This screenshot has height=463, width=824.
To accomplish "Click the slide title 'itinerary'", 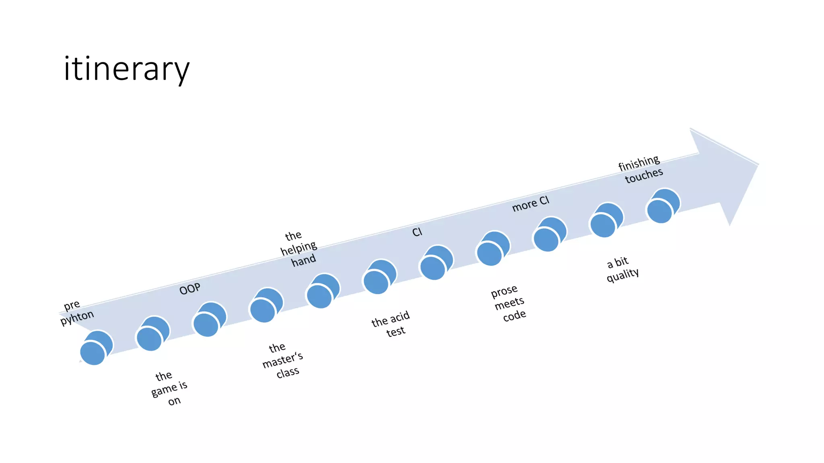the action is point(126,69).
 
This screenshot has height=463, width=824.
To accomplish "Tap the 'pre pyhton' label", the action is point(76,312).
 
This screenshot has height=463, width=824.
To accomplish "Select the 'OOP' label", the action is point(190,289).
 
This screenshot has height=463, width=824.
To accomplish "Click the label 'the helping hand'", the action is point(299,248).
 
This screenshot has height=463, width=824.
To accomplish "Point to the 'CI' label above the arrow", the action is point(417,232).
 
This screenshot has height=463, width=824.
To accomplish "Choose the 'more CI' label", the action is point(530,204).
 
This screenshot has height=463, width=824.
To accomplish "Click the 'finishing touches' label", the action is point(641,169).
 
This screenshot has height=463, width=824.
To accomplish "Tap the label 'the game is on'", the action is point(169,388).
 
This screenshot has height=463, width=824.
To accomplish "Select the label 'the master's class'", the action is point(282,360).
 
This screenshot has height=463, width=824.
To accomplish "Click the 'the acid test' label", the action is point(391,324).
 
